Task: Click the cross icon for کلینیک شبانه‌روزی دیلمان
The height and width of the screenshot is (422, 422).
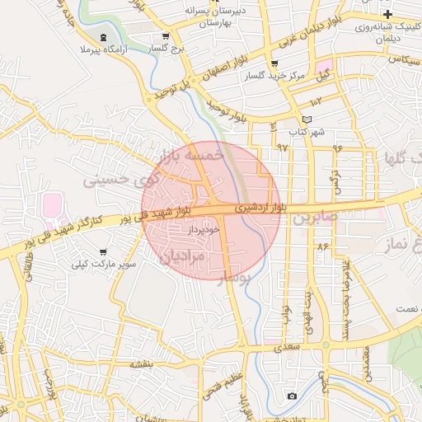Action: pos(387,15)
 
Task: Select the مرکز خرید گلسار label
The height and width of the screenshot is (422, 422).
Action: pos(275,77)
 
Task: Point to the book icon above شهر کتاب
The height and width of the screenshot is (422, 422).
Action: pos(307,120)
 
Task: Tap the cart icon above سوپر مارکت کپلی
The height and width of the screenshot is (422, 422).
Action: pos(103,251)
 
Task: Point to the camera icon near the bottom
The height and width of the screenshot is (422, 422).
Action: pos(292,396)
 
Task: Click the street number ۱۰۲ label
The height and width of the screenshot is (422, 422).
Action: pos(316,101)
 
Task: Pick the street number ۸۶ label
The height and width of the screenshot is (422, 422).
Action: pos(321,246)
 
